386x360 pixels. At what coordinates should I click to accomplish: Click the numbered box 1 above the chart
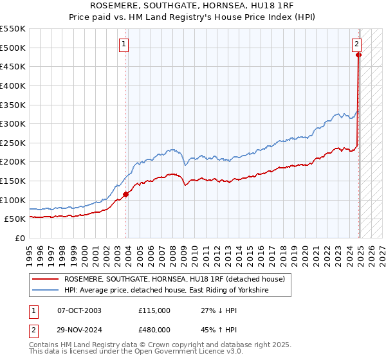(x=123, y=44)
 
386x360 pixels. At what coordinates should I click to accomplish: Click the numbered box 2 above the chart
(x=356, y=44)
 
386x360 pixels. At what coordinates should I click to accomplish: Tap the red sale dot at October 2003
(x=126, y=194)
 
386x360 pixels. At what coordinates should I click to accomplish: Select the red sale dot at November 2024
(x=359, y=55)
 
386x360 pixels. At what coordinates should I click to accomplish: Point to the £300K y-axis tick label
(x=14, y=123)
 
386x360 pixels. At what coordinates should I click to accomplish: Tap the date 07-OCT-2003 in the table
(x=79, y=310)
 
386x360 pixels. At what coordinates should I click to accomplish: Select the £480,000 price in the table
(x=154, y=332)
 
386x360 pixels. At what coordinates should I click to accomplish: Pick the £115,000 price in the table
(x=154, y=310)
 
